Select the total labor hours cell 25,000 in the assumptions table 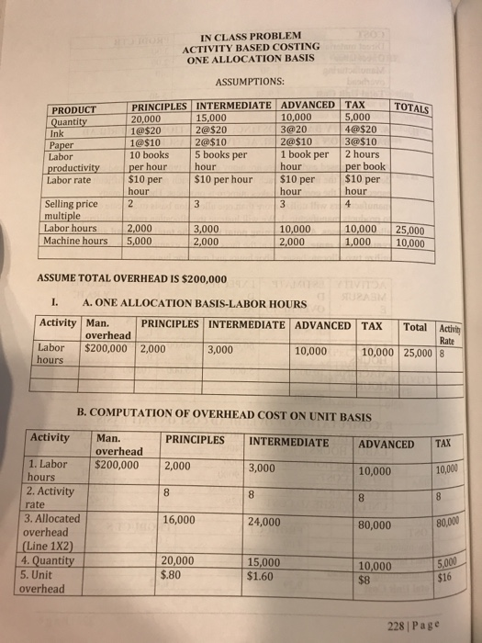[409, 230]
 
